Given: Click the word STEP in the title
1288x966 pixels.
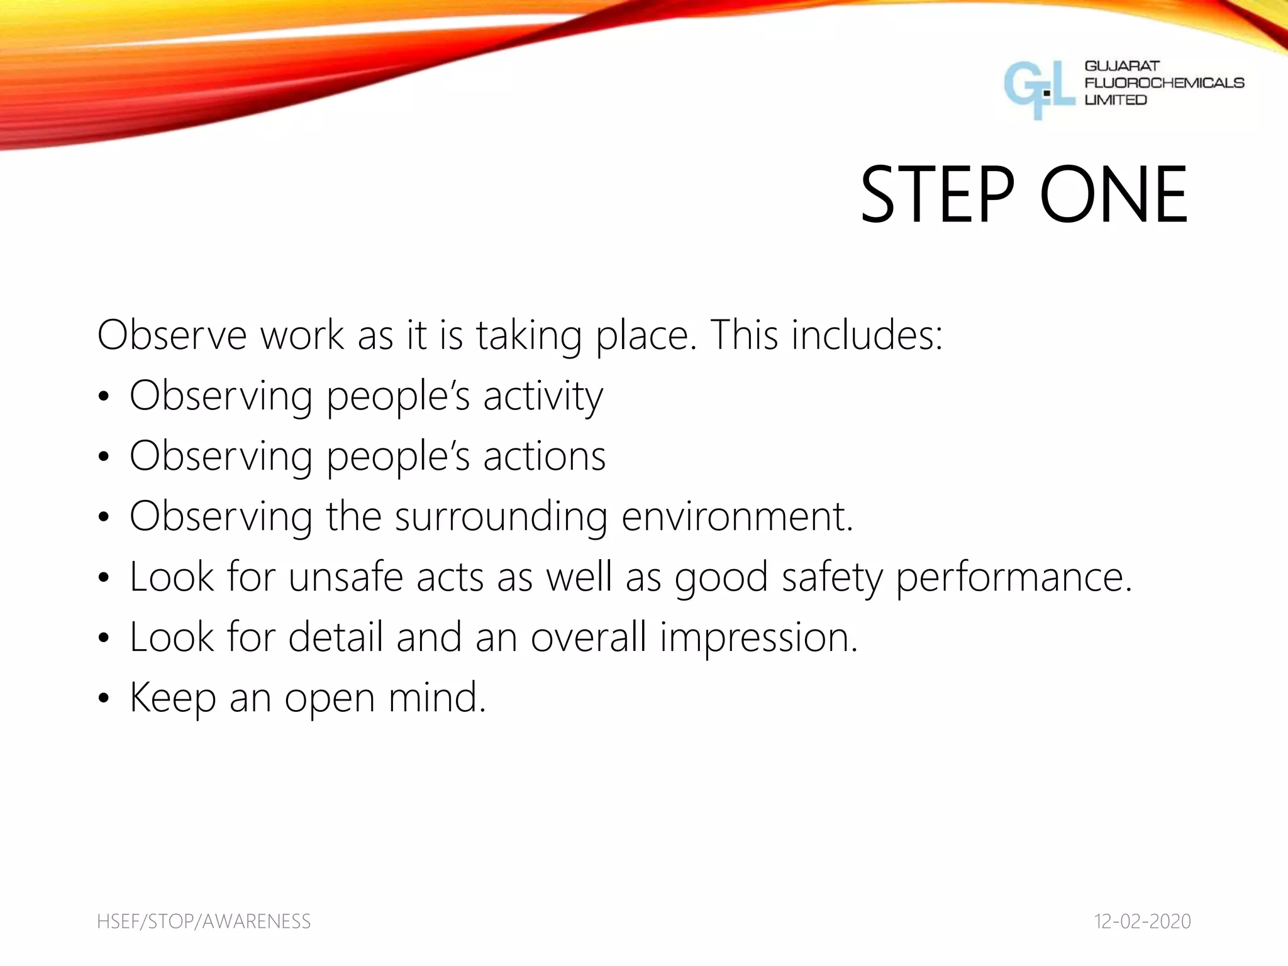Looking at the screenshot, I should pyautogui.click(x=937, y=194).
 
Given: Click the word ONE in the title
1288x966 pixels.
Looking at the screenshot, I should pyautogui.click(x=1113, y=194).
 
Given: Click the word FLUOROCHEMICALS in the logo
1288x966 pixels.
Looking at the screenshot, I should pyautogui.click(x=1164, y=83).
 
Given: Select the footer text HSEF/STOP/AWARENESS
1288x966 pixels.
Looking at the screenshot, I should pyautogui.click(x=204, y=921).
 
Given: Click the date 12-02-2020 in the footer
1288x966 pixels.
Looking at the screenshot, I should pyautogui.click(x=1142, y=921).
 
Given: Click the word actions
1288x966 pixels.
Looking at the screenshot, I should pyautogui.click(x=544, y=456).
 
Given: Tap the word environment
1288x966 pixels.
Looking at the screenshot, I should pyautogui.click(x=736, y=516).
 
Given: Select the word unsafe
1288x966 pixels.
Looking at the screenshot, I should pyautogui.click(x=345, y=577).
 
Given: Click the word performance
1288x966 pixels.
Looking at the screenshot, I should pyautogui.click(x=1013, y=578).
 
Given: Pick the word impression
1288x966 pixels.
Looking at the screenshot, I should pyautogui.click(x=758, y=638).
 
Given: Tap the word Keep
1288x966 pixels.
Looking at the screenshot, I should pyautogui.click(x=172, y=699).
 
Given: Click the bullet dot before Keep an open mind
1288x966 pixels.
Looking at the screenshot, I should pyautogui.click(x=104, y=698).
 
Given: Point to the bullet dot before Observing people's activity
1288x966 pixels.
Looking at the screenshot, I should pyautogui.click(x=104, y=396).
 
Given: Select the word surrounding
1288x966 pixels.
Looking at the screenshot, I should pyautogui.click(x=501, y=518).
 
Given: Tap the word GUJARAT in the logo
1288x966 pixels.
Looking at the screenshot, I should pyautogui.click(x=1122, y=66).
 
